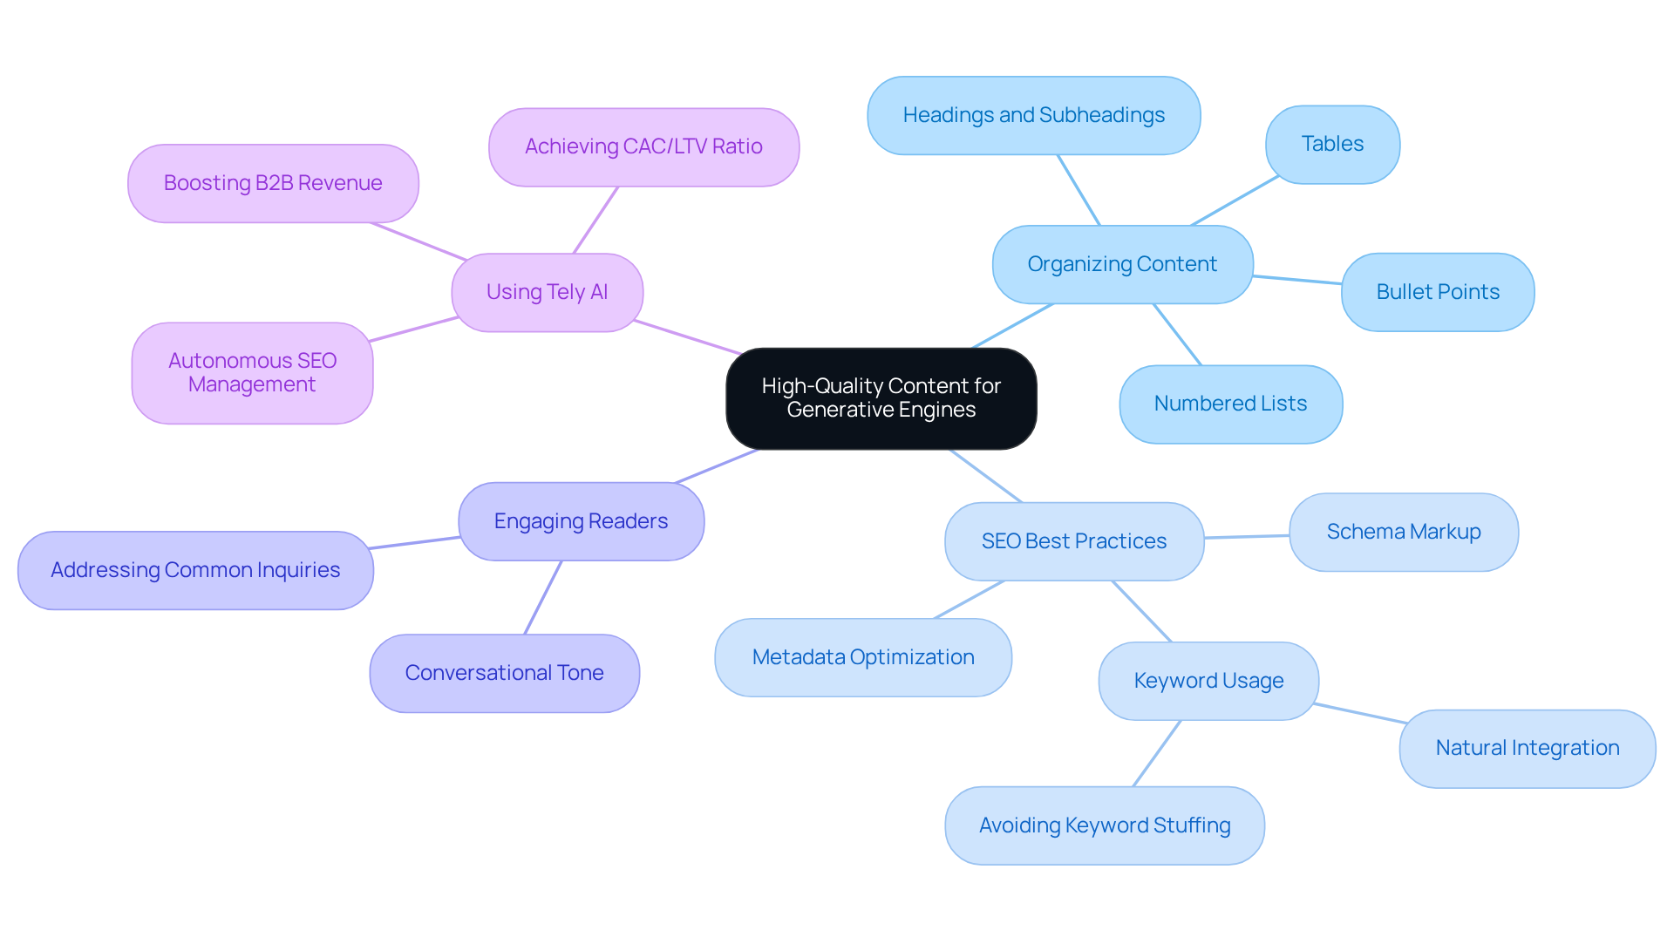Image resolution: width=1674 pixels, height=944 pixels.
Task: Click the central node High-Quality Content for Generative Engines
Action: click(x=881, y=398)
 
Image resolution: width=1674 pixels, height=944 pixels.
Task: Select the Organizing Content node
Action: click(x=1122, y=264)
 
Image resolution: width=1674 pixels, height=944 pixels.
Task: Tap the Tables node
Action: click(x=1332, y=145)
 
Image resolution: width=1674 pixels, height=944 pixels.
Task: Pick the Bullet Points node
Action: click(x=1437, y=292)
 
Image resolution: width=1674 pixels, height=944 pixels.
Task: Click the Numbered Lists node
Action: click(x=1230, y=404)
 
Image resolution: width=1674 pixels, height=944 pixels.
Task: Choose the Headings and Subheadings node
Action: click(x=1033, y=115)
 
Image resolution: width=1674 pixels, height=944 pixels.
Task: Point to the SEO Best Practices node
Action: click(x=1073, y=541)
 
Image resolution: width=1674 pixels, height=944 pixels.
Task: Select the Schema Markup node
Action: click(x=1403, y=532)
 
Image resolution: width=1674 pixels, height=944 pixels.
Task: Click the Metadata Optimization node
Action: click(x=862, y=657)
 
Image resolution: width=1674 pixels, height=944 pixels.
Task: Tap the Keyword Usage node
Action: click(x=1208, y=681)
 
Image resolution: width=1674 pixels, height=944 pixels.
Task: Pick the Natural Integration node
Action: click(x=1527, y=748)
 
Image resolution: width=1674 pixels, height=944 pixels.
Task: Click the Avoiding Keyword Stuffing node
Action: click(x=1104, y=825)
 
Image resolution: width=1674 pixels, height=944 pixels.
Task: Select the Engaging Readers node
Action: click(x=581, y=521)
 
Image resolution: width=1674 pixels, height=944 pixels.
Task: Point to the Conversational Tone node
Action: click(x=504, y=673)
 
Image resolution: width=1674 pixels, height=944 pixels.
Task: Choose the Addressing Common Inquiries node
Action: click(x=195, y=570)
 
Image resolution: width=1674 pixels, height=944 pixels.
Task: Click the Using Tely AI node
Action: click(x=547, y=292)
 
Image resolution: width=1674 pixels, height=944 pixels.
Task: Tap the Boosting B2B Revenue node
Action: click(x=273, y=183)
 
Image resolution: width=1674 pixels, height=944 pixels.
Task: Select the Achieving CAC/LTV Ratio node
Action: click(x=643, y=146)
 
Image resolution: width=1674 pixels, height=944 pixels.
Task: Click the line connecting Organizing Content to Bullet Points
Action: click(x=1297, y=280)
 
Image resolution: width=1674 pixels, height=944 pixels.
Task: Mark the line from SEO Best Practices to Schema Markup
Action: click(x=1247, y=537)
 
